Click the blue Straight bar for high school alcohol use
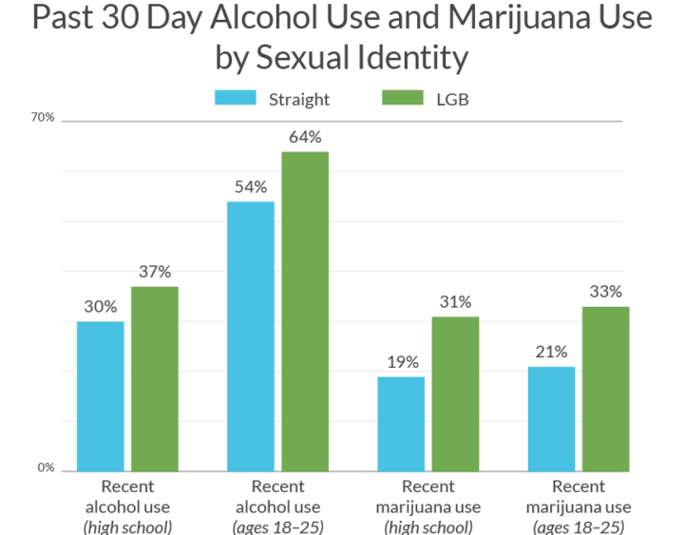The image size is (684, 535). point(100,396)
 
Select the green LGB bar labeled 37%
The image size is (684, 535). point(155,379)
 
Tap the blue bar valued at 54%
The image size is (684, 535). point(251,336)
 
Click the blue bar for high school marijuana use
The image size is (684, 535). point(401,424)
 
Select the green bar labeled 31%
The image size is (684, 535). point(456,393)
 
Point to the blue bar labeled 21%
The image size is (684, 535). point(551,419)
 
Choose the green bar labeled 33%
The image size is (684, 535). point(605,389)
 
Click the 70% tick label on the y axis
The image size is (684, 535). point(44,118)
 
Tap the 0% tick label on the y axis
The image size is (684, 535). point(47,468)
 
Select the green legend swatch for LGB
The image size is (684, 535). point(403,99)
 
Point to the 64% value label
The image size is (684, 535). point(305,137)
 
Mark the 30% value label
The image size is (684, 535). point(100,307)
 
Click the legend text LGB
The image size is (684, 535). point(453,100)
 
